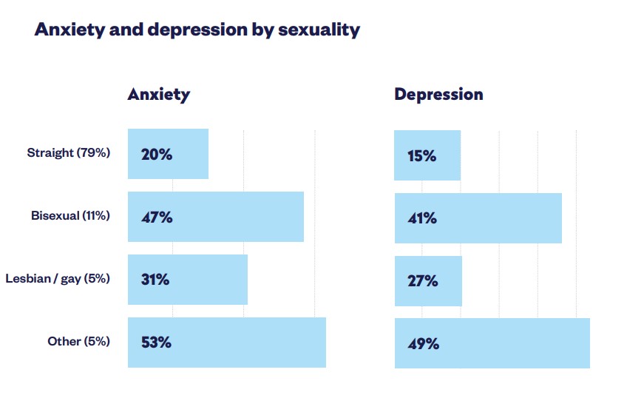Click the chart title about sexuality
coord(197,30)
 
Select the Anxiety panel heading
coord(158,95)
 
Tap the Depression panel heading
coord(438,95)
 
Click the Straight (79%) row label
coord(69,153)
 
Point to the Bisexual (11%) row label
coord(70,216)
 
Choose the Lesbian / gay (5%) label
coord(58,279)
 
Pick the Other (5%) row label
coord(78,341)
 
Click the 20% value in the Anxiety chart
coord(157,155)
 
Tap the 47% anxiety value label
coord(157,217)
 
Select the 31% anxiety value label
coord(156,280)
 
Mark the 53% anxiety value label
coord(157,343)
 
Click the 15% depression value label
coord(421,156)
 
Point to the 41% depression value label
coord(422,219)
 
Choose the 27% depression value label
coord(422,281)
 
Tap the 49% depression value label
coord(423,344)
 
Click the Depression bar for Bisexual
coord(503,218)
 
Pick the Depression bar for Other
coord(518,343)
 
